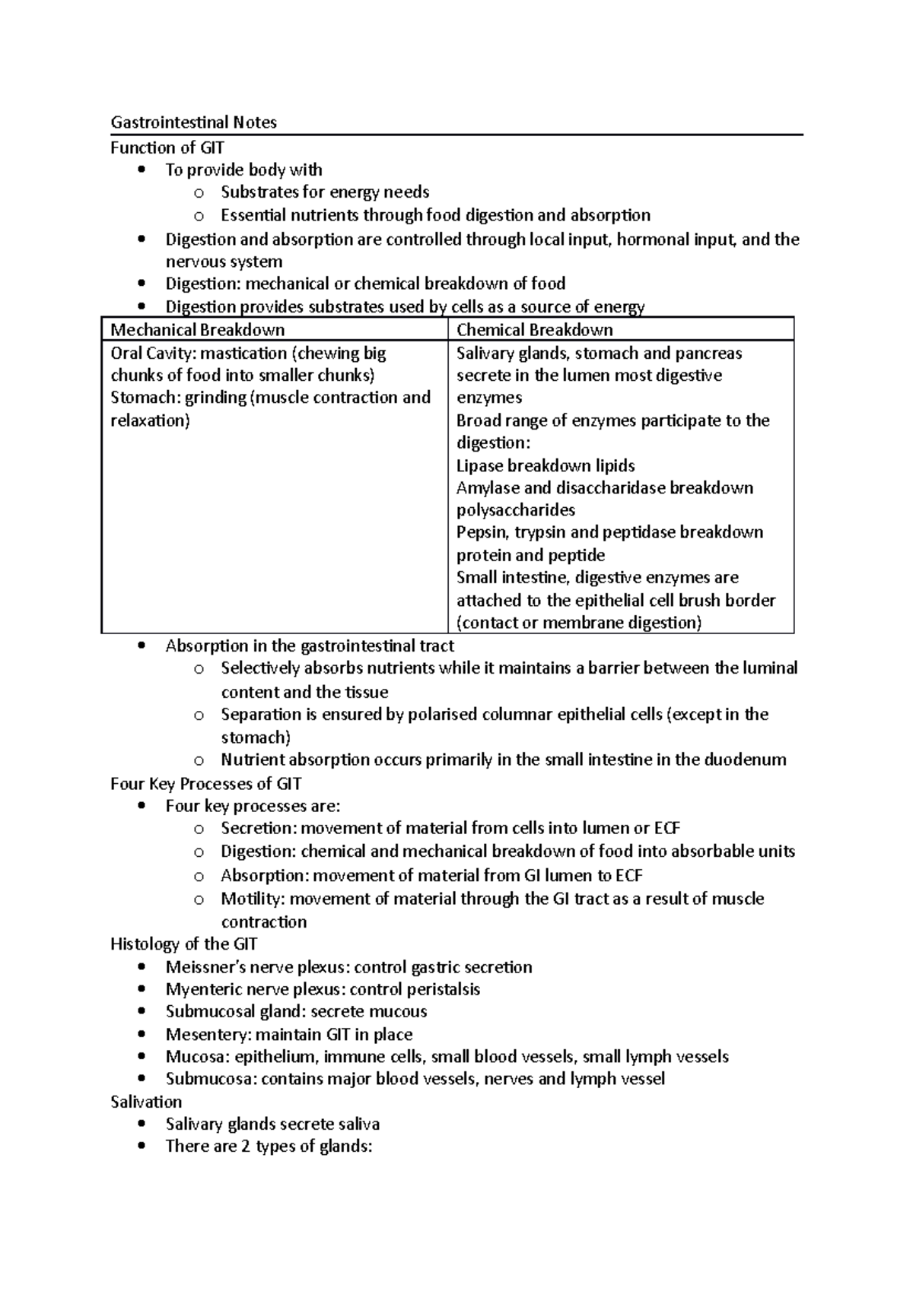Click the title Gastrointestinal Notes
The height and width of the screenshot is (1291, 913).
coord(193,122)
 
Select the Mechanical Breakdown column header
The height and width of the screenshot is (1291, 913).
coord(198,330)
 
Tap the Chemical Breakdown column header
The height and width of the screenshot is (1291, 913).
coord(534,330)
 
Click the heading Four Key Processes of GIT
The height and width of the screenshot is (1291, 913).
coord(206,783)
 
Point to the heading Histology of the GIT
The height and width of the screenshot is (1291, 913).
coord(183,944)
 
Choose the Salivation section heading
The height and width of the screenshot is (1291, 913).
coord(146,1102)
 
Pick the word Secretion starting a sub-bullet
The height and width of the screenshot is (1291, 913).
coord(256,828)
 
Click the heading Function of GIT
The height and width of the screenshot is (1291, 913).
coord(167,147)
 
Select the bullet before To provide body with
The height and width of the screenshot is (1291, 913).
coord(142,170)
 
